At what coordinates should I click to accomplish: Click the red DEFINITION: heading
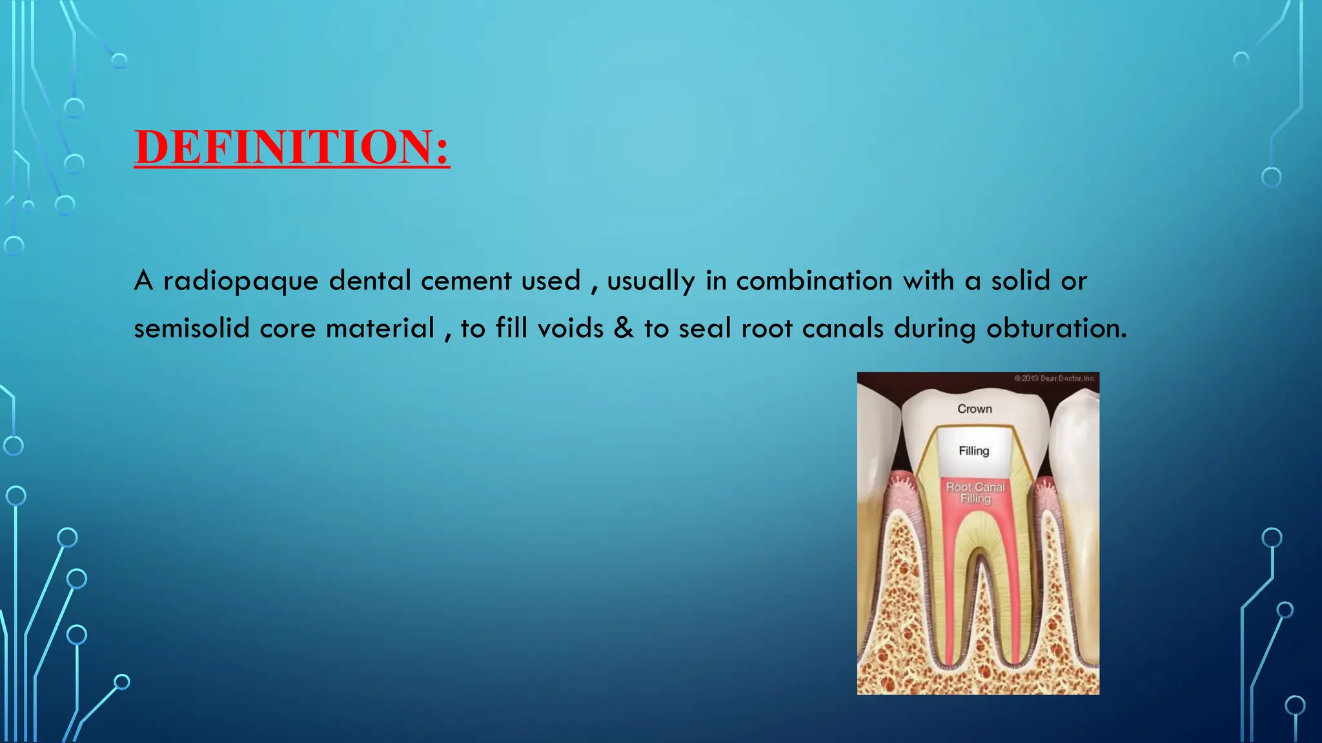pyautogui.click(x=292, y=147)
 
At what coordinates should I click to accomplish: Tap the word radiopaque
pyautogui.click(x=241, y=281)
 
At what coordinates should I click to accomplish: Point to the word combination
pyautogui.click(x=815, y=281)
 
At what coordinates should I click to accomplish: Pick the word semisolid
pyautogui.click(x=191, y=328)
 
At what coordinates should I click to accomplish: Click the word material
pyautogui.click(x=380, y=328)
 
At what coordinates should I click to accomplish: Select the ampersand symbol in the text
pyautogui.click(x=624, y=328)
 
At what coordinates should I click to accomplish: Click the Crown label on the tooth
pyautogui.click(x=975, y=409)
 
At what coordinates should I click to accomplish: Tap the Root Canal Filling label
pyautogui.click(x=975, y=493)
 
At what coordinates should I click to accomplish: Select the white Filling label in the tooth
pyautogui.click(x=974, y=451)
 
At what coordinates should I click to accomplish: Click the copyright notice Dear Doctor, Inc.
pyautogui.click(x=1055, y=379)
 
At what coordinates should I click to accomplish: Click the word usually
pyautogui.click(x=651, y=281)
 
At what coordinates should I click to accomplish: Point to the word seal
pyautogui.click(x=706, y=328)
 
